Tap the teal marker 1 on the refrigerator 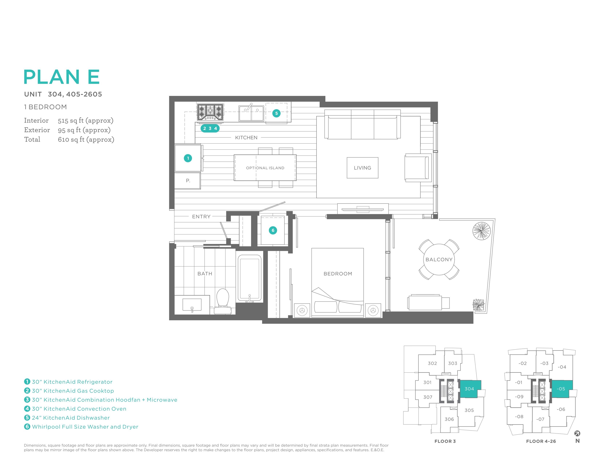188,158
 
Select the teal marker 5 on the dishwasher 276,113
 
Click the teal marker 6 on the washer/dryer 273,230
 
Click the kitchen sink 251,113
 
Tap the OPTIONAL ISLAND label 265,168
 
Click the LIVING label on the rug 362,168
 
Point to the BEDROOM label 338,273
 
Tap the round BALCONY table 439,260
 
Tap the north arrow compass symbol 577,433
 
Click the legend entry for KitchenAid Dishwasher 67,418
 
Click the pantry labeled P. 188,181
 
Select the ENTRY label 201,217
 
